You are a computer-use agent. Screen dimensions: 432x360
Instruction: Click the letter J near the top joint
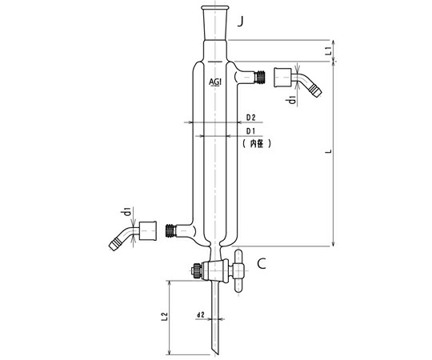[x=241, y=22]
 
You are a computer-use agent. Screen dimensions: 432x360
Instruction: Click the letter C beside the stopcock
[x=262, y=263]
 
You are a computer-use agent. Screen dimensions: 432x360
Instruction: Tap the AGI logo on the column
[x=215, y=82]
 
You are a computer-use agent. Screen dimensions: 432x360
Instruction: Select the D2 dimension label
[x=250, y=118]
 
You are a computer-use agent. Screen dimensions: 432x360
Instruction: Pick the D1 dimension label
[x=250, y=131]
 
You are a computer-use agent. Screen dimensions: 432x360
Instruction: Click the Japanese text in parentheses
[x=257, y=143]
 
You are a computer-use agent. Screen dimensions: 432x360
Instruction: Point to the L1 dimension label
[x=327, y=50]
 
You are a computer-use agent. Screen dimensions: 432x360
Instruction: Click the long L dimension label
[x=328, y=151]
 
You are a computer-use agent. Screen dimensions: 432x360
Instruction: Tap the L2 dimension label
[x=165, y=317]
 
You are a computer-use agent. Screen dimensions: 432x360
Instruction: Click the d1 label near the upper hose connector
[x=292, y=100]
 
